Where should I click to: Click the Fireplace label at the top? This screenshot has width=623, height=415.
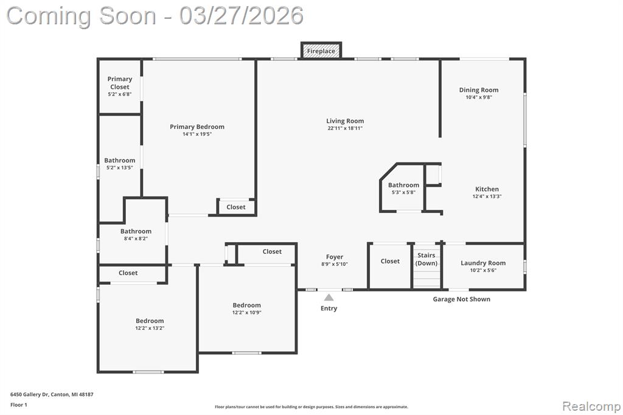coord(321,51)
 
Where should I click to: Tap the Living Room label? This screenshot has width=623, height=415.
coord(345,121)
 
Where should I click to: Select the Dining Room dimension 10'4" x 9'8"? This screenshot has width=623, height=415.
coord(479,97)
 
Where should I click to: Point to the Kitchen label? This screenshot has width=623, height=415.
coord(487,189)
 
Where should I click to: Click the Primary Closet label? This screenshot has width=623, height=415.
coord(120,83)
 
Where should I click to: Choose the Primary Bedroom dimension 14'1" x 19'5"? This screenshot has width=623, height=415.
coord(197,134)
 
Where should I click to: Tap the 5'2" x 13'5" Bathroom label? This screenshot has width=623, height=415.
coord(120,160)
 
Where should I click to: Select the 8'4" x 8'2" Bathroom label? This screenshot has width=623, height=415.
coord(136,231)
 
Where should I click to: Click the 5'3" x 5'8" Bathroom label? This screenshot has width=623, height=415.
coord(404,185)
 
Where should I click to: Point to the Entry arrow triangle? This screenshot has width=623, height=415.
coord(329,298)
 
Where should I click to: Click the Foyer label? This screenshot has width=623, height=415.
coord(335,257)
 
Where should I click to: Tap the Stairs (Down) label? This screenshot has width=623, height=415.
coord(426,259)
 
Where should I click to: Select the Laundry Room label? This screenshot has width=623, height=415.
coord(483,263)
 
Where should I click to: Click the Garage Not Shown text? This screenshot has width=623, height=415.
coord(462,299)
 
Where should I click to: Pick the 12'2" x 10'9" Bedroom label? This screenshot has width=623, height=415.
coord(247,305)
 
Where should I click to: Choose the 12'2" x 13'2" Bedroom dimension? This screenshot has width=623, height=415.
coord(150,328)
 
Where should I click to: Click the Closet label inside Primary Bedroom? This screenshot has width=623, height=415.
coord(236,207)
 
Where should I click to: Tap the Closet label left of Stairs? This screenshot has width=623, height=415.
coord(390,261)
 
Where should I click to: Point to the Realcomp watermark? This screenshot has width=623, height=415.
coord(591,406)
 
